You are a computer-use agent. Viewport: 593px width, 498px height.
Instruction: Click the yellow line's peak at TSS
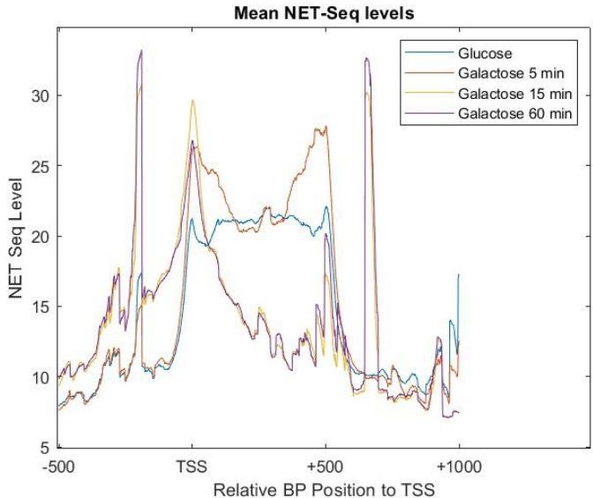tap(192, 101)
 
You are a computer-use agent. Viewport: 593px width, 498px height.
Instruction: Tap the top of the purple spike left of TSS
tap(140, 51)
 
